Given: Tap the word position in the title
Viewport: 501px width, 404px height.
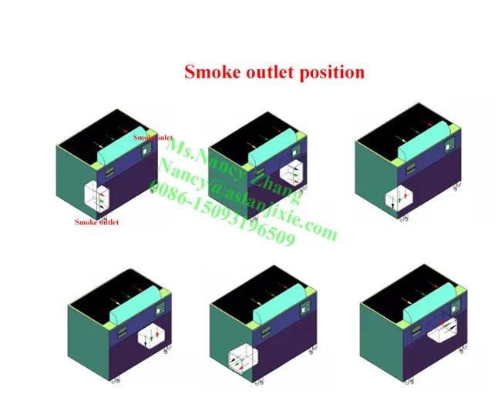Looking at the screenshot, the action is tap(334, 73).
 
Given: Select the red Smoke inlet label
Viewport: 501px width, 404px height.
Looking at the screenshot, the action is tap(152, 138).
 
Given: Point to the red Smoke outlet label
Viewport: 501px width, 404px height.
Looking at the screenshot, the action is tap(96, 222).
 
